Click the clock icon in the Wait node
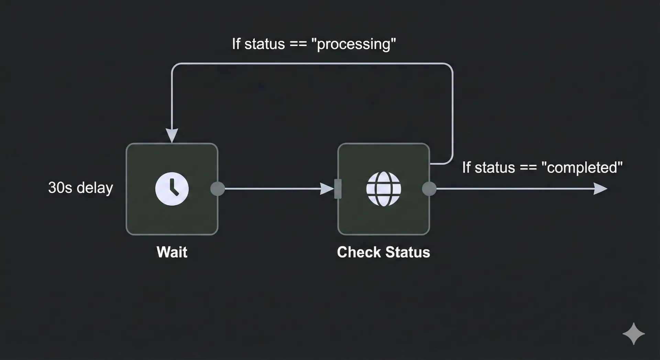click(172, 189)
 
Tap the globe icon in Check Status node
click(384, 189)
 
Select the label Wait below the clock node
click(172, 252)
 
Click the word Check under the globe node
click(359, 252)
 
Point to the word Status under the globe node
click(408, 252)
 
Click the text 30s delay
click(80, 188)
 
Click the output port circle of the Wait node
click(218, 189)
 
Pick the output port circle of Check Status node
click(429, 189)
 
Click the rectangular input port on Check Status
click(338, 189)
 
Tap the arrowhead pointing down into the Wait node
click(172, 135)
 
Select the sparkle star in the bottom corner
click(634, 334)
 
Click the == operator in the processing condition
click(298, 44)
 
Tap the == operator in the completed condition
click(528, 168)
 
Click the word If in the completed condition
click(466, 168)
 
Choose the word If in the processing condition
click(236, 44)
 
